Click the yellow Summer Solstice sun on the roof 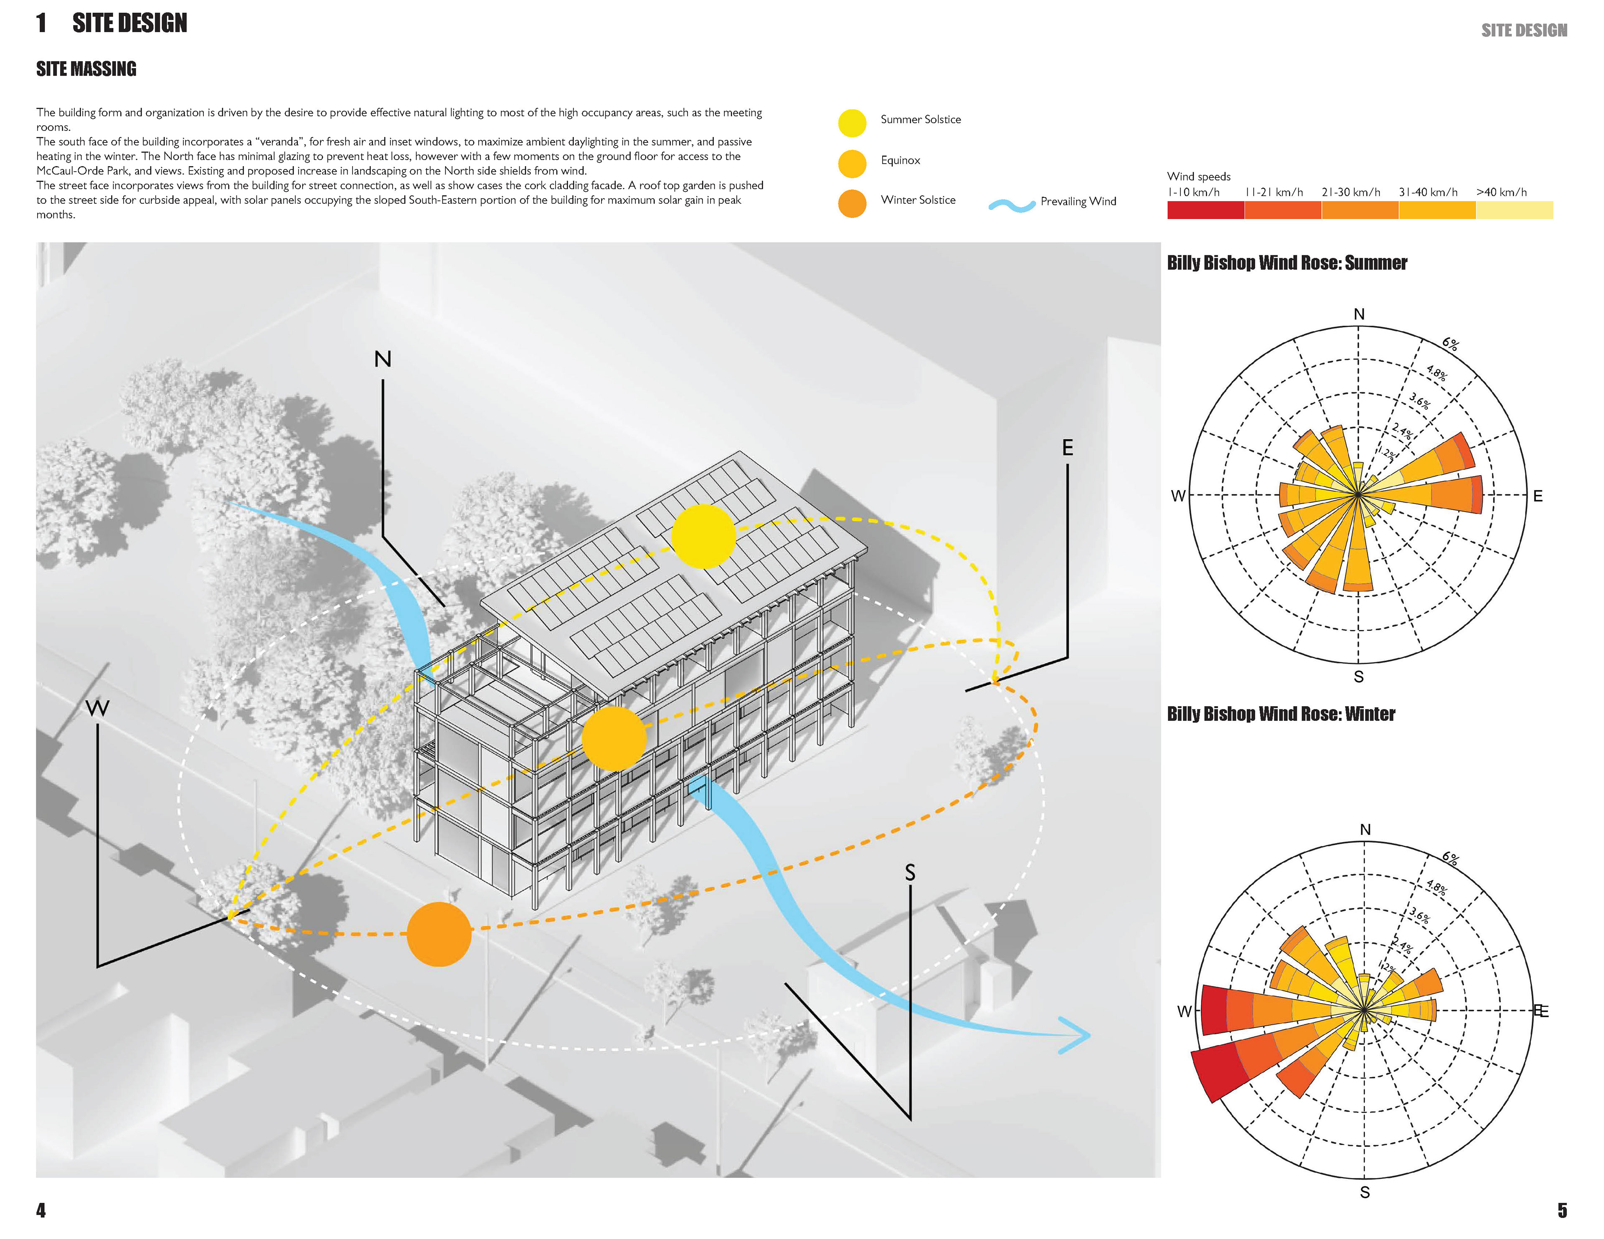[703, 536]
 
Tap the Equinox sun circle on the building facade [614, 739]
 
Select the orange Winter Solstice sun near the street [439, 934]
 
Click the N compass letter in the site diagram [383, 359]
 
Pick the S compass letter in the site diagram [910, 872]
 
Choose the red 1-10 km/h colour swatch [1205, 210]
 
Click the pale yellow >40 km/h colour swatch [1514, 210]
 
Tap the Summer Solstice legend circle [852, 123]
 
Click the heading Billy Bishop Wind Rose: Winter [1281, 714]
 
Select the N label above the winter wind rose [1365, 829]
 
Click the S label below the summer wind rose [1358, 677]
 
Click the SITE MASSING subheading [86, 69]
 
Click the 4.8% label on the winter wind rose [1436, 887]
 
